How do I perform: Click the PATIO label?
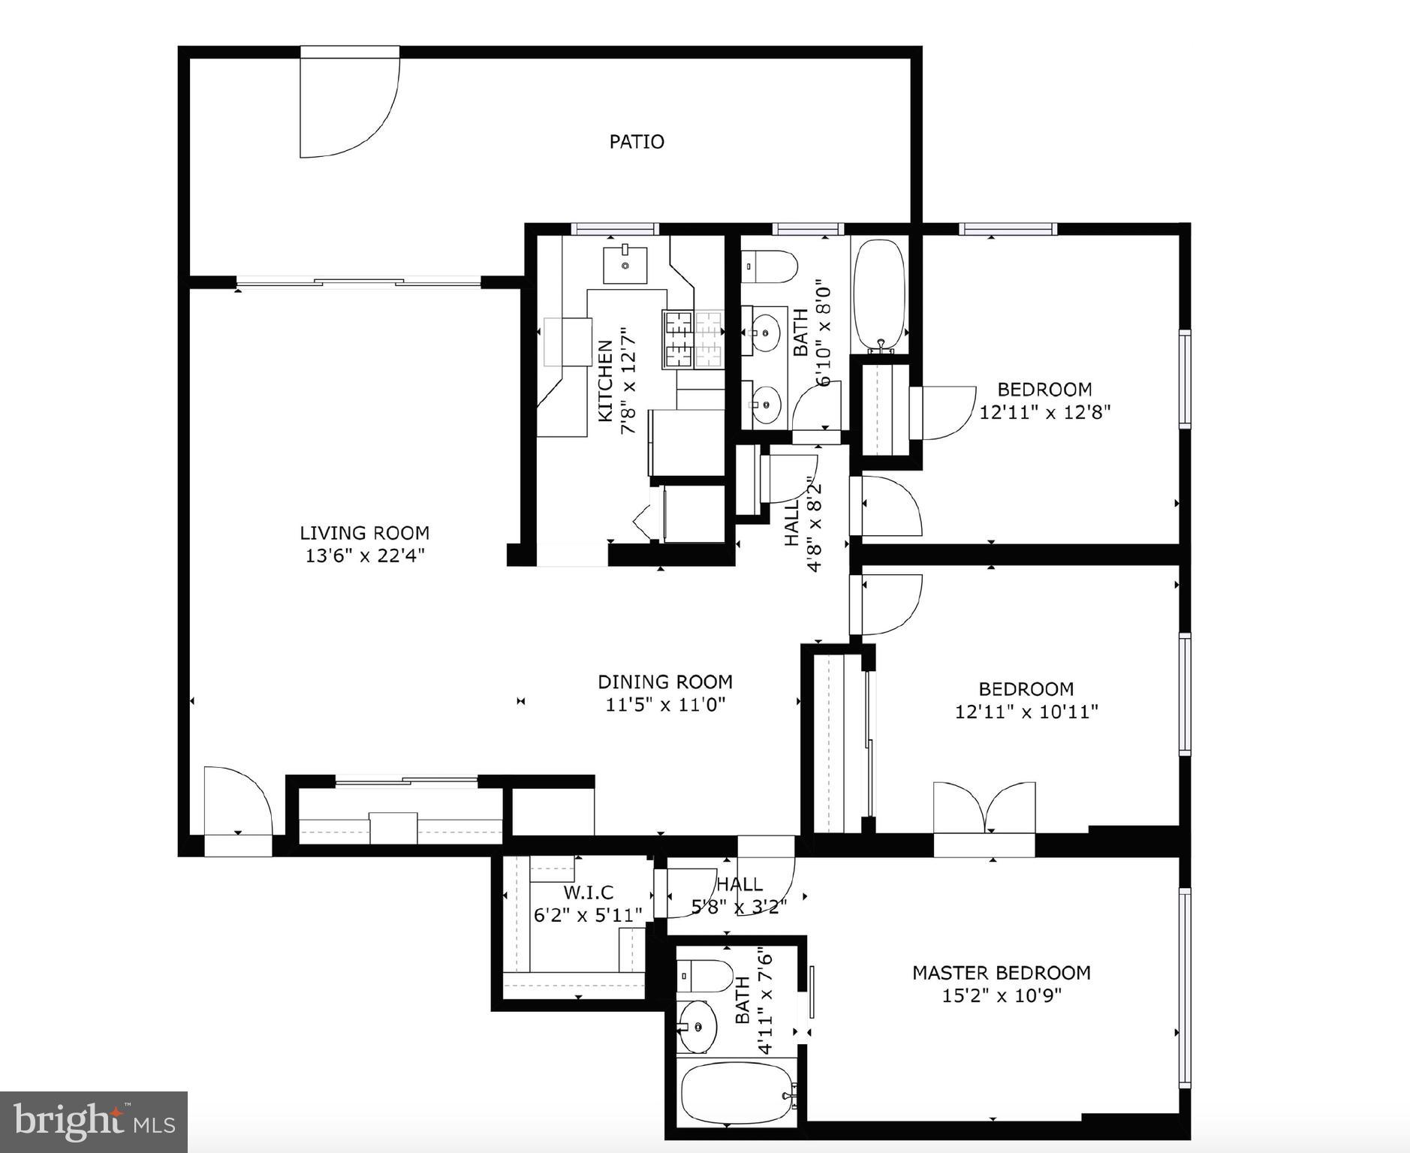point(636,141)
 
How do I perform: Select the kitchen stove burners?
point(691,339)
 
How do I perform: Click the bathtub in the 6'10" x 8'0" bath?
point(878,294)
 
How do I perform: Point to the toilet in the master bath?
point(705,976)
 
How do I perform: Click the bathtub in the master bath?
point(737,1093)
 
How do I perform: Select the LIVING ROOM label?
point(364,533)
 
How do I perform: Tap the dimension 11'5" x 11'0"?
point(664,705)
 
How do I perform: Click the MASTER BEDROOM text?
point(1001,973)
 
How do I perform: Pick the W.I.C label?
point(588,893)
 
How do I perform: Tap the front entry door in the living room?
point(237,802)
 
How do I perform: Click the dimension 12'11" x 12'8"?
point(1044,412)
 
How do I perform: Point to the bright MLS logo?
point(93,1122)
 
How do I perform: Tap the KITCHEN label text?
point(605,381)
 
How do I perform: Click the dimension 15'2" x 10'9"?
point(1001,996)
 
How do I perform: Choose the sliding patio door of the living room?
point(358,282)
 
